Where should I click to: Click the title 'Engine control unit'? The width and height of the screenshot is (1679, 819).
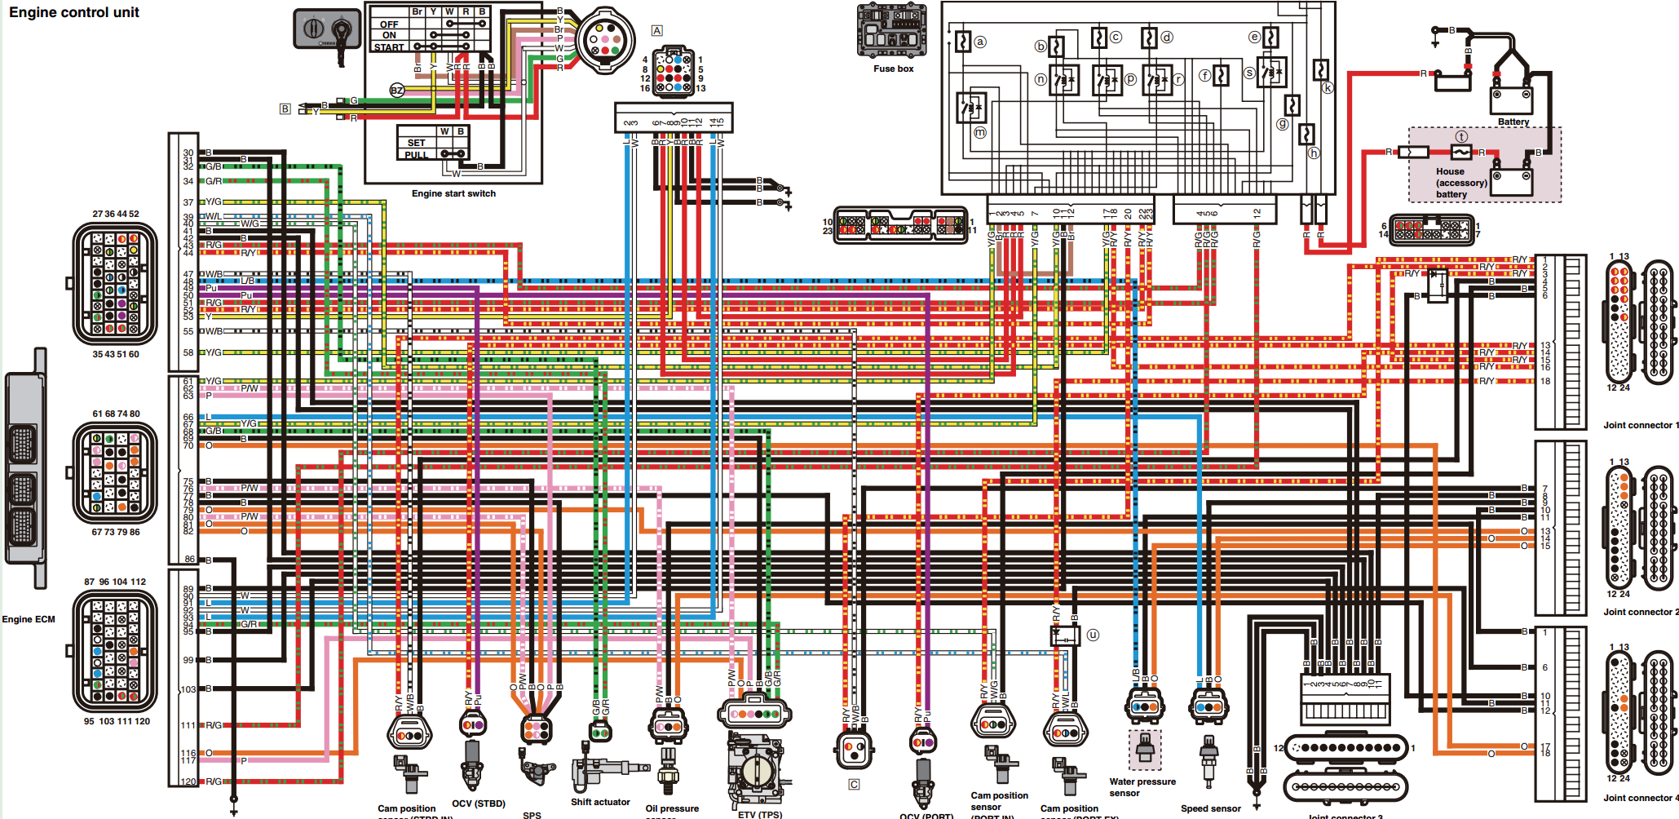pos(74,12)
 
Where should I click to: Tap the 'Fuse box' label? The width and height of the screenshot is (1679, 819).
pos(893,69)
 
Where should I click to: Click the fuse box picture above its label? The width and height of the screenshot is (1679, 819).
pos(892,31)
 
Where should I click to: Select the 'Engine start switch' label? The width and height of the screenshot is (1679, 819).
pos(453,193)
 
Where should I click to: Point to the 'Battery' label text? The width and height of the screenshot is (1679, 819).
pos(1513,122)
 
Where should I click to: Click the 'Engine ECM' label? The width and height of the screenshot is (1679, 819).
pos(29,619)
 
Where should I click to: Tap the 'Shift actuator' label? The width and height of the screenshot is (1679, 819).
pos(600,802)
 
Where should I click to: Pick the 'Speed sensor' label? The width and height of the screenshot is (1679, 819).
pos(1210,808)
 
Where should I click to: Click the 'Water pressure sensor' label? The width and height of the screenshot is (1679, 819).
pos(1142,786)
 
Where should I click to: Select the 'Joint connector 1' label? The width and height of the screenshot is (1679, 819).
pos(1640,425)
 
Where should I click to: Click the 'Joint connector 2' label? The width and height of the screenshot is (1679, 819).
pos(1640,612)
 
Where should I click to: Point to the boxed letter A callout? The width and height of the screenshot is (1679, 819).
pos(657,30)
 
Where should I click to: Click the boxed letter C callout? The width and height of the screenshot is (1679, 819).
pos(854,784)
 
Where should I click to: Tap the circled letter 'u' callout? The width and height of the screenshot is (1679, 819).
pos(1093,635)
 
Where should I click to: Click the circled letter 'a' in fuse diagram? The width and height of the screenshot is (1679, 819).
pos(980,41)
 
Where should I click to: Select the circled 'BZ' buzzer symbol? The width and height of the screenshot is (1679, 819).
pos(397,91)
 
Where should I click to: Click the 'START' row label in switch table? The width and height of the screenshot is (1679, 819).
pos(389,47)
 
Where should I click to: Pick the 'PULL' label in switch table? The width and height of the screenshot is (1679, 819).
pos(416,154)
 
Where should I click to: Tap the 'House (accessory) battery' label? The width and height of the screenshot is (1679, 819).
pos(1460,183)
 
